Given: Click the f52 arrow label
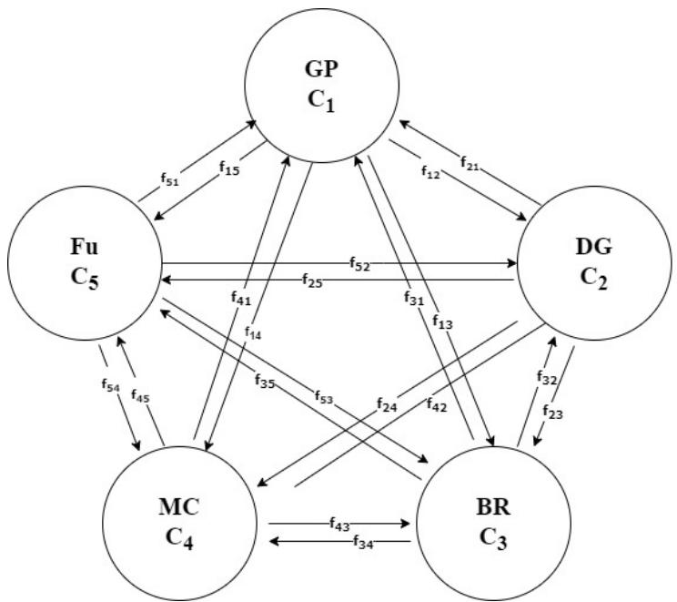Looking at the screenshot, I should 359,262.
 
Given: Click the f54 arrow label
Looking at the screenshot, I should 110,387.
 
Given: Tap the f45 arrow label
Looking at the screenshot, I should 142,396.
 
